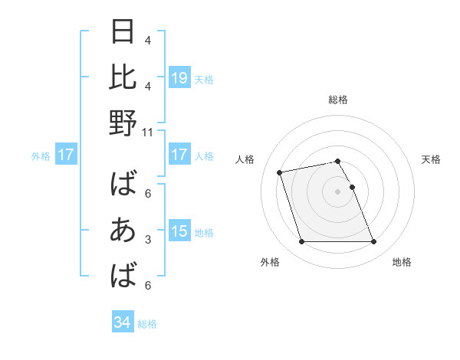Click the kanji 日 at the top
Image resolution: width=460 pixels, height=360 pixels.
[x=123, y=32]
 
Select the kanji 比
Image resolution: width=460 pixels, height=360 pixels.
[x=123, y=77]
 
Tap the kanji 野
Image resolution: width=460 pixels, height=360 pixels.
[x=123, y=123]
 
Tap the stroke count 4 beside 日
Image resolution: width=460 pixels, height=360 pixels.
[x=147, y=41]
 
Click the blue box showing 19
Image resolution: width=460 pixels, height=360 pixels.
[x=179, y=78]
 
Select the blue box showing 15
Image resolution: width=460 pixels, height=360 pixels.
[x=179, y=231]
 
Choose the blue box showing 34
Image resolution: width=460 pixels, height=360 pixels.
[x=123, y=322]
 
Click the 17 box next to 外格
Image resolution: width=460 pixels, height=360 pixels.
[x=66, y=155]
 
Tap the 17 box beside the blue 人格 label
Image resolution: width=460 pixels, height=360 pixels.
[x=179, y=155]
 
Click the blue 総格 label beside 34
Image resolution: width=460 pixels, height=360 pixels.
[x=147, y=324]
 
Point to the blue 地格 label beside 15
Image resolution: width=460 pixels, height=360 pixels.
[x=204, y=232]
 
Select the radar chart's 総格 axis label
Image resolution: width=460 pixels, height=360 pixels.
[x=338, y=100]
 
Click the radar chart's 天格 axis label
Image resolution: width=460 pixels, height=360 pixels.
[x=431, y=159]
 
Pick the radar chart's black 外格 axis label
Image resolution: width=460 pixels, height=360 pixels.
[x=270, y=262]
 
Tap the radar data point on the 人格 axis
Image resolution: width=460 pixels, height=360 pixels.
[x=280, y=172]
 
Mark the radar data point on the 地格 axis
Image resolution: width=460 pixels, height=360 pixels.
[x=373, y=242]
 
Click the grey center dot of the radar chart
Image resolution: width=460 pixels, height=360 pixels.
[x=337, y=191]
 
